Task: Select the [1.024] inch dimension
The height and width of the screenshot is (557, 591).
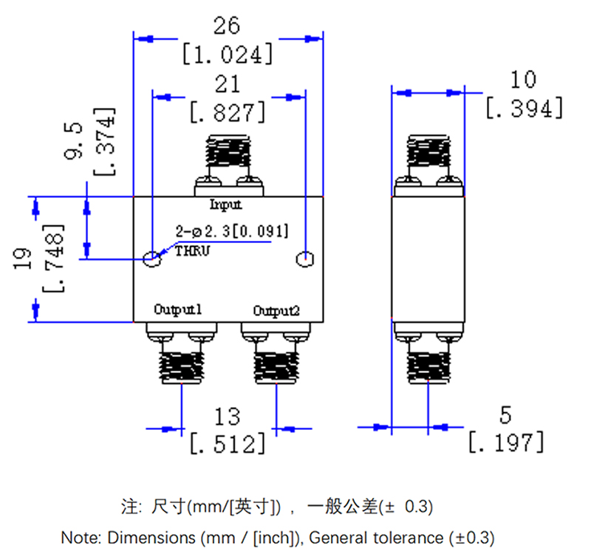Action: click(228, 54)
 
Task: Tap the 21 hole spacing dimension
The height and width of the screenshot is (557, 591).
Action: click(227, 83)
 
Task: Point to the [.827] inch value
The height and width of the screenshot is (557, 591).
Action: click(228, 112)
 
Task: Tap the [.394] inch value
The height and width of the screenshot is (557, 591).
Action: click(525, 108)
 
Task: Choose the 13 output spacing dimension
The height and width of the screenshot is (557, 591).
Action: click(228, 416)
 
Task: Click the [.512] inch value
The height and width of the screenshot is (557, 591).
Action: click(228, 444)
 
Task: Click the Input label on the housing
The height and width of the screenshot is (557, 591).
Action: click(226, 205)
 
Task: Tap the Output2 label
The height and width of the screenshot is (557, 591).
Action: click(276, 311)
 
